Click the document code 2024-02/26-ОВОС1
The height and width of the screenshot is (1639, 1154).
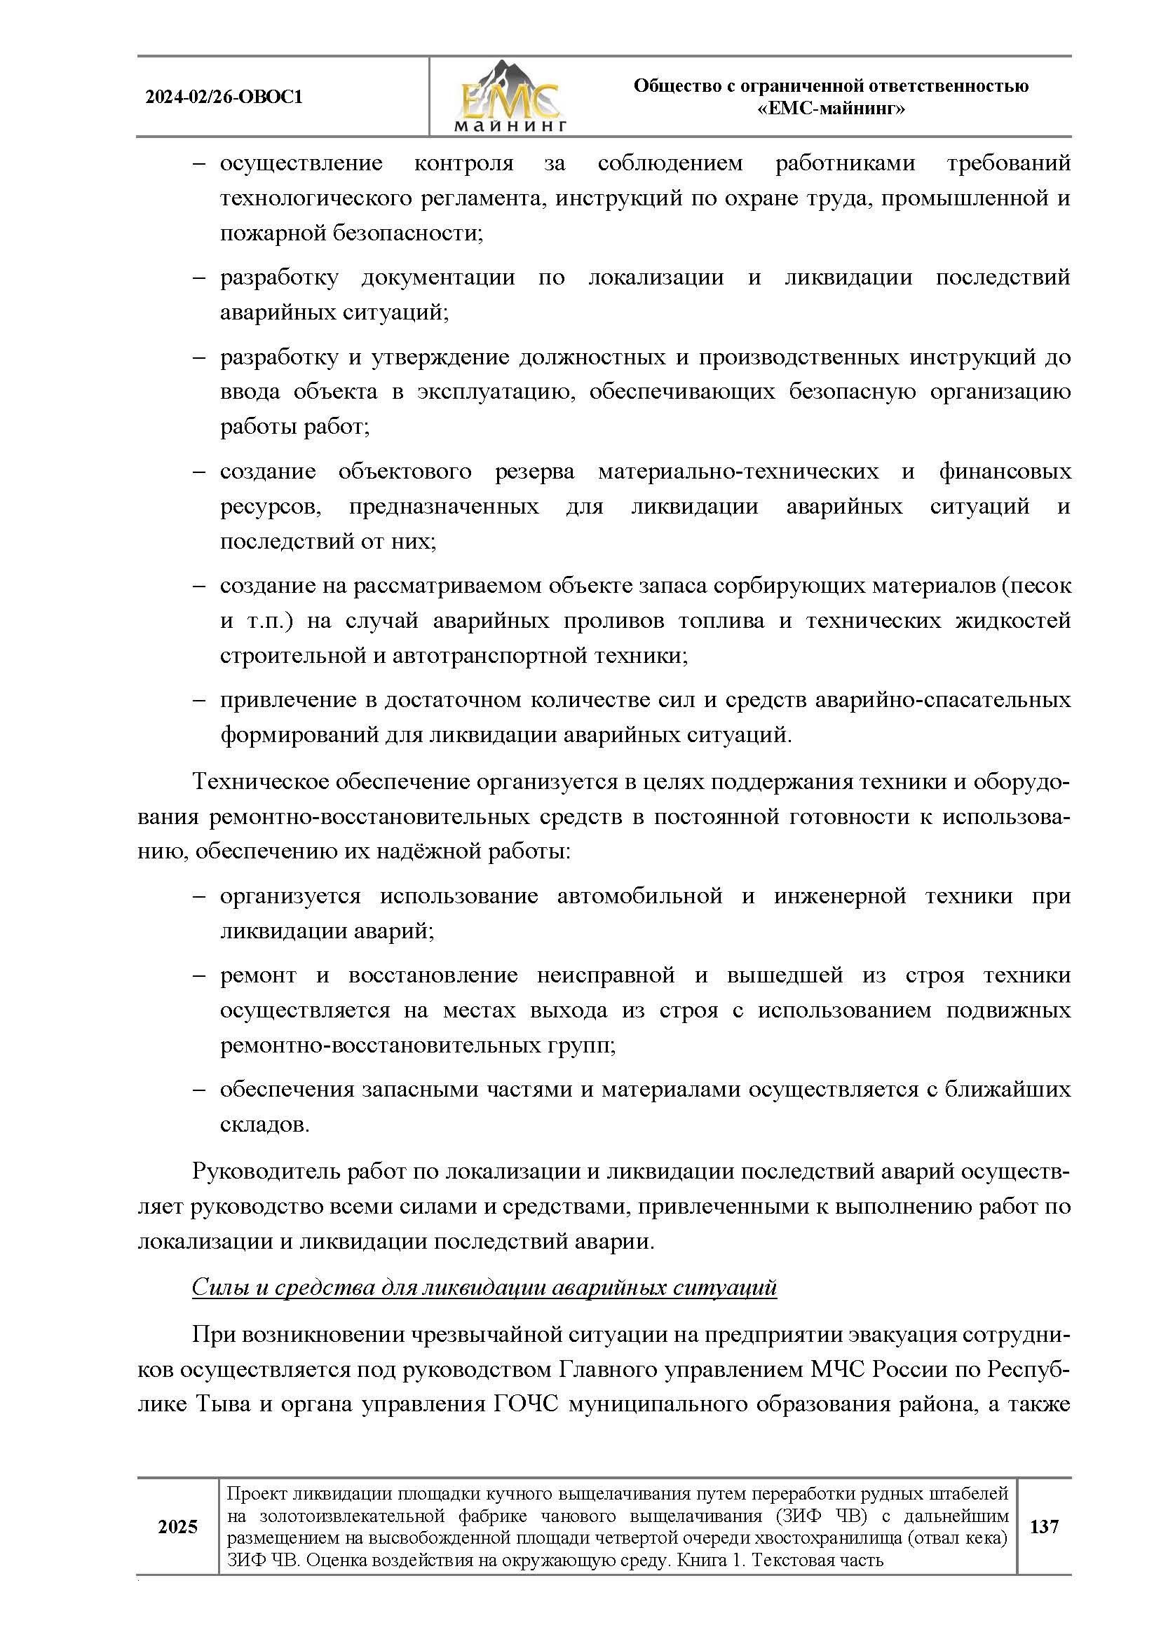click(x=224, y=97)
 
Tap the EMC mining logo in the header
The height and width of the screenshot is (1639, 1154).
click(x=510, y=97)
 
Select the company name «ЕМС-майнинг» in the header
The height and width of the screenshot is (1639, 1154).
click(x=831, y=109)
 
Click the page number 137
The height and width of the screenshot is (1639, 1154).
click(x=1044, y=1526)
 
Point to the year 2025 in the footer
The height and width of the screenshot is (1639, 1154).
click(x=178, y=1527)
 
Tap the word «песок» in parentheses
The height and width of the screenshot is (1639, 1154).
click(x=1042, y=585)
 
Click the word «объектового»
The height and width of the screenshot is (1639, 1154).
click(x=405, y=471)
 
